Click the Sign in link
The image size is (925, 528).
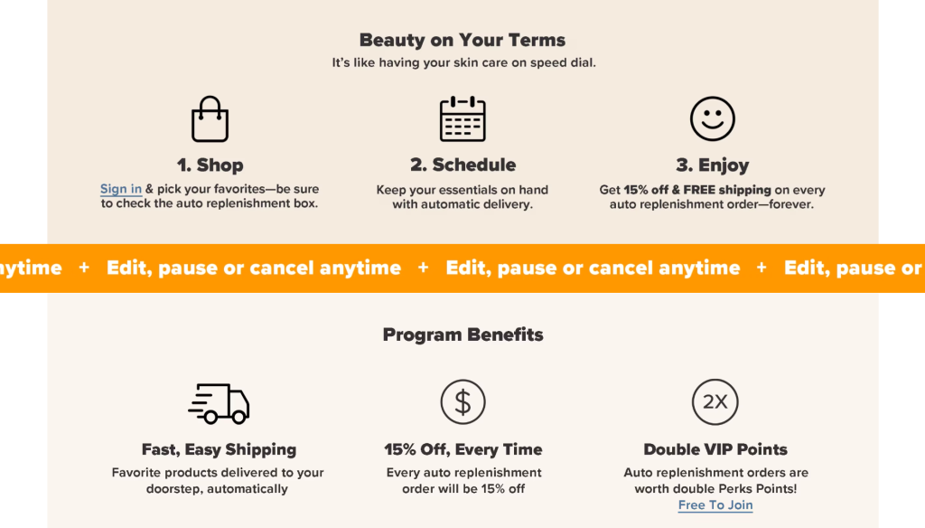(x=121, y=189)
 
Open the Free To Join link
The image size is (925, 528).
(x=715, y=505)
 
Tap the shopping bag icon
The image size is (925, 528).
(x=210, y=118)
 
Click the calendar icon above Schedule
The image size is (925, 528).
(x=462, y=118)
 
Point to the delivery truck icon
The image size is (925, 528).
(x=219, y=403)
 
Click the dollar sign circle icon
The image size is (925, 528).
(x=463, y=402)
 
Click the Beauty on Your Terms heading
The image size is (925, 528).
(x=462, y=40)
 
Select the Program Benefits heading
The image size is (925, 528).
(x=463, y=335)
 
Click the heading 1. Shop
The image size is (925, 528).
(x=210, y=165)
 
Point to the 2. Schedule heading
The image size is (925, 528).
(x=463, y=165)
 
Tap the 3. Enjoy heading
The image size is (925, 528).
(x=713, y=165)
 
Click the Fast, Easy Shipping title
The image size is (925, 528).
(x=219, y=449)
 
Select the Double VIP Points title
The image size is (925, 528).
(x=715, y=449)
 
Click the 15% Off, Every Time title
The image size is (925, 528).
(x=463, y=449)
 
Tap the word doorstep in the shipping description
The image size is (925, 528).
(x=173, y=489)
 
